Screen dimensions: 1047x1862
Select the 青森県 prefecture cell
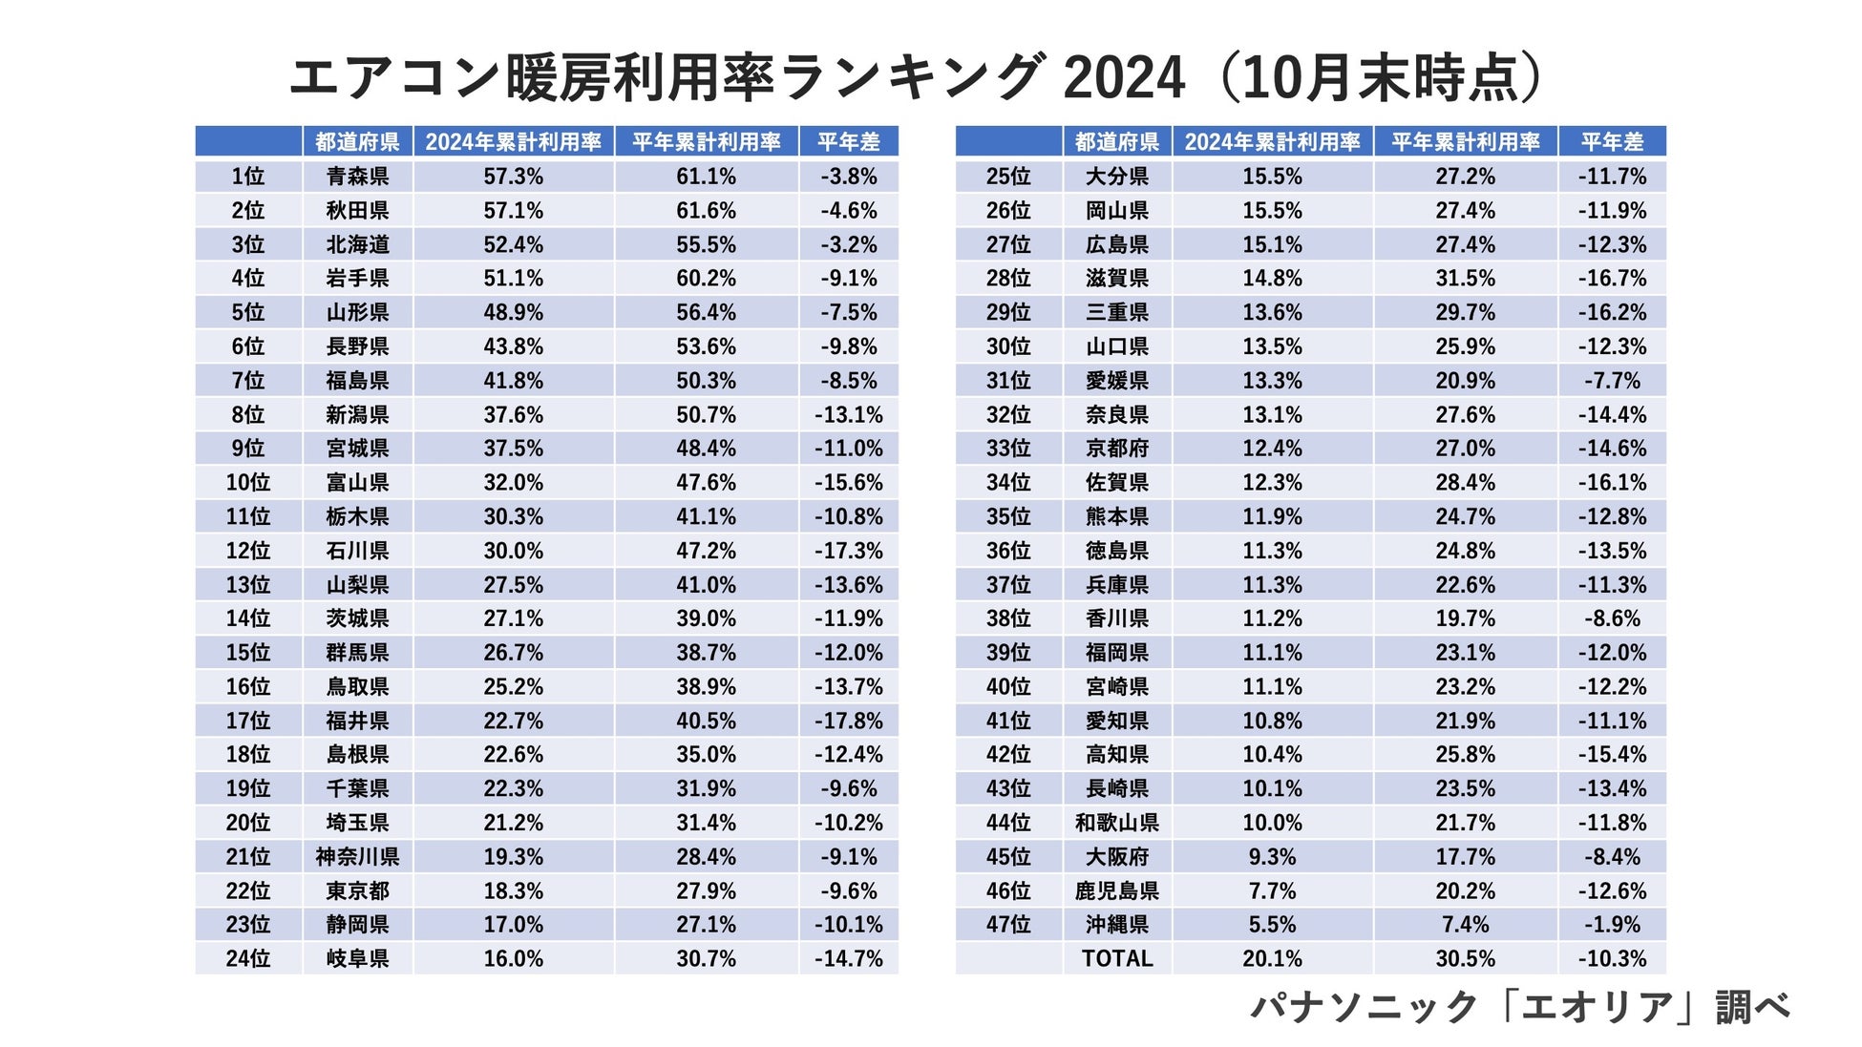357,177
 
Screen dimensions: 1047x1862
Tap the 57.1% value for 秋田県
513,211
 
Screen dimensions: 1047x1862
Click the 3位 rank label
248,244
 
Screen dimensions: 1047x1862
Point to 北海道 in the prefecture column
357,244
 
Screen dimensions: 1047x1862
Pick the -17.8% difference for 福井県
848,721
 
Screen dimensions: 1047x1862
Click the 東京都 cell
357,890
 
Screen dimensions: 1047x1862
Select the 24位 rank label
248,958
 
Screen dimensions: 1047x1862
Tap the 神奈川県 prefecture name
357,857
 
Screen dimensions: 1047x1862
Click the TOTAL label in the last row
1117,958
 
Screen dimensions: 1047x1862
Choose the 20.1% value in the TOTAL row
1272,958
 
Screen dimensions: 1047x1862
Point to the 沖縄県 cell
1117,925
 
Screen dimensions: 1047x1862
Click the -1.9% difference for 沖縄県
1612,925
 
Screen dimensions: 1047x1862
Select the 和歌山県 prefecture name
1117,823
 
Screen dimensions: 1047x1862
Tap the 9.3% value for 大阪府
1272,857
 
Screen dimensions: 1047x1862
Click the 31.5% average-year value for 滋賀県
1465,279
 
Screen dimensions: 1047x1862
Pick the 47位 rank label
1008,925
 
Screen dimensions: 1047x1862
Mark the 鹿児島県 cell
1117,890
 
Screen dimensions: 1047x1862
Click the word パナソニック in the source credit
1364,1008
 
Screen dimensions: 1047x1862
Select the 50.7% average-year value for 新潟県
706,415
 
